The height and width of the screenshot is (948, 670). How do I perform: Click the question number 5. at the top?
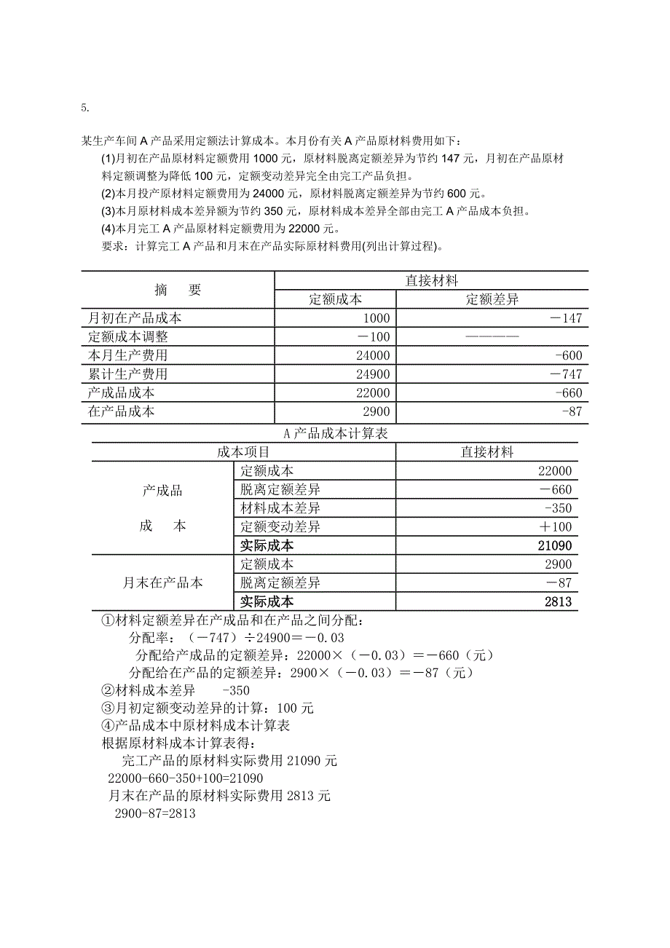(85, 108)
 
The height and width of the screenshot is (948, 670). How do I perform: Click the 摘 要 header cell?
(178, 290)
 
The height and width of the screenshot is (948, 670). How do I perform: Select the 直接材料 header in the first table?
(431, 280)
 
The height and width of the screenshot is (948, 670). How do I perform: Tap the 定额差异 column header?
(492, 299)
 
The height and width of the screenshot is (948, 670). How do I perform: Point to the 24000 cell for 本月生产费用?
(373, 356)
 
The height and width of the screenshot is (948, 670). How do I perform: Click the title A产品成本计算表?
(334, 433)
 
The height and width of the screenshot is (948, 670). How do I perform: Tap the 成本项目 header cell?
(243, 452)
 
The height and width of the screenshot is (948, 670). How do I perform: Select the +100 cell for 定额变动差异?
(557, 527)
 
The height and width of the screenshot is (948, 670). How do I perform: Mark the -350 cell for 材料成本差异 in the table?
(558, 508)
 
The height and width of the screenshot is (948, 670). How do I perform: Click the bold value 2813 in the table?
(558, 602)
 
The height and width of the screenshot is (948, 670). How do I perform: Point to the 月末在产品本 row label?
(162, 583)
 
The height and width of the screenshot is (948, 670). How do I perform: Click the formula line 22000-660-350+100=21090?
(185, 778)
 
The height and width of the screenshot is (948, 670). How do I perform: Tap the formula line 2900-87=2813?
(155, 814)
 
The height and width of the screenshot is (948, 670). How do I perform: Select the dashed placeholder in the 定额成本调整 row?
(492, 337)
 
